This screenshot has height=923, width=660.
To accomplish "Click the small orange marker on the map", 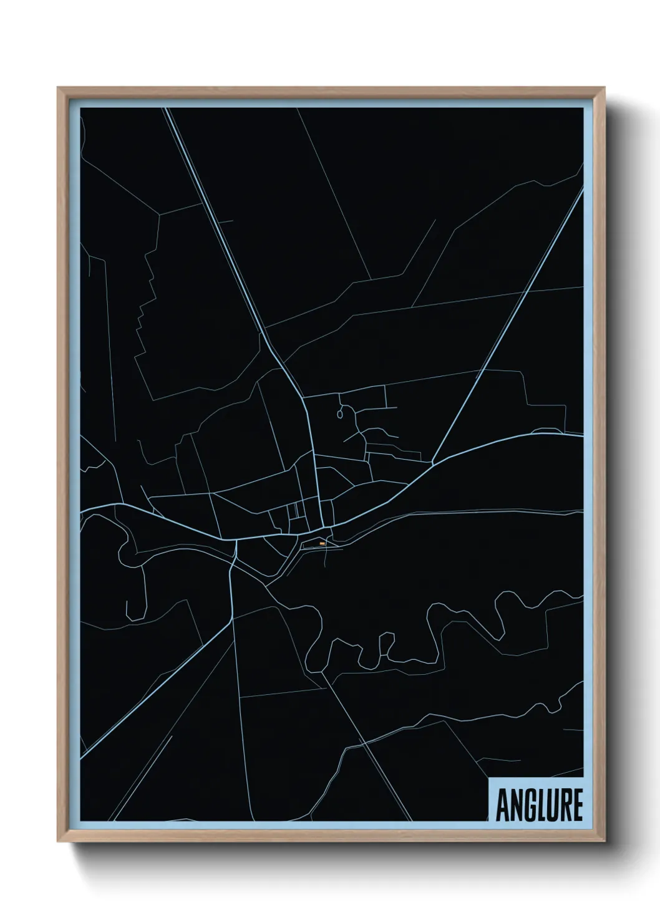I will [x=322, y=544].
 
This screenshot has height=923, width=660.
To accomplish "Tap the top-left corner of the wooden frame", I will [x=59, y=89].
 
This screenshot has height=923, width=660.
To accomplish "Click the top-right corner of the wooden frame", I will [x=606, y=89].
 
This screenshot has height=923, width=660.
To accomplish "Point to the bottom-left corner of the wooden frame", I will [x=59, y=842].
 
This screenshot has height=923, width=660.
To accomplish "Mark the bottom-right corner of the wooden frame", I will [x=606, y=842].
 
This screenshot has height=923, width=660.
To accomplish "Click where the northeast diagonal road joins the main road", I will [x=434, y=463].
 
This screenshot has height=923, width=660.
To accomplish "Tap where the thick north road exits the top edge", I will [x=167, y=110].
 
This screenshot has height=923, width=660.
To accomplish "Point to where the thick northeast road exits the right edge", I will [x=582, y=190].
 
